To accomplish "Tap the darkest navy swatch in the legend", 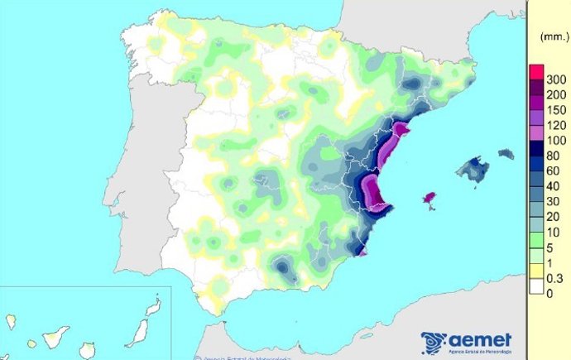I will click(536, 149).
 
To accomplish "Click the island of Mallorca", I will click(474, 170).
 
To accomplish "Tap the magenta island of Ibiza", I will click(429, 199).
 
